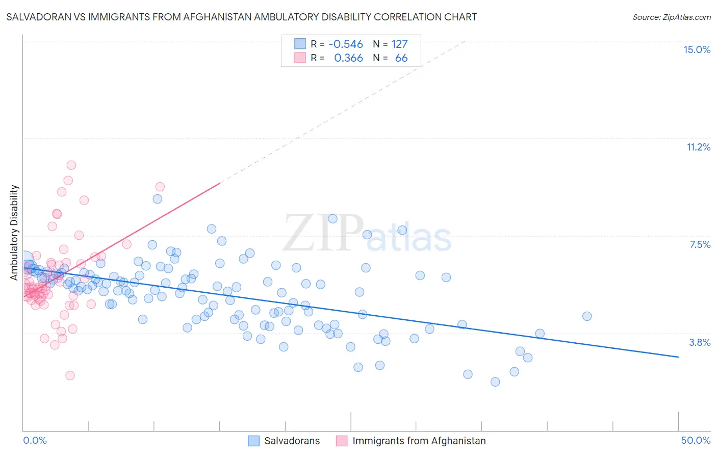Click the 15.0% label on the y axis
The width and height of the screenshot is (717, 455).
coord(697,49)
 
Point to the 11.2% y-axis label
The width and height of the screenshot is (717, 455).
coord(698,147)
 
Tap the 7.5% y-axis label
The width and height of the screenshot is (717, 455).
coord(700,244)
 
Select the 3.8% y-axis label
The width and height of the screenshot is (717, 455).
coord(700,342)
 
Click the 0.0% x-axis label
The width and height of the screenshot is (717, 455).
coord(35,440)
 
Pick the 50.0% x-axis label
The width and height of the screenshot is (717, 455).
coord(696,440)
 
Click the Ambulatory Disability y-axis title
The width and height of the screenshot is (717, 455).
coord(14,232)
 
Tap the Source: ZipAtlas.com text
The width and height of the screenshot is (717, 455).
coord(671,17)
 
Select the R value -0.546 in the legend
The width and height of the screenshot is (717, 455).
coord(345,44)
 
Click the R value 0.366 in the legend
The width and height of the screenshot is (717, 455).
coord(348,58)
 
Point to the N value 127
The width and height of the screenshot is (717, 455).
coord(399,44)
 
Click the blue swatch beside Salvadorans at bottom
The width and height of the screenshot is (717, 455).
coord(254,441)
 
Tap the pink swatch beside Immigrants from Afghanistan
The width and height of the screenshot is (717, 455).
coord(342,441)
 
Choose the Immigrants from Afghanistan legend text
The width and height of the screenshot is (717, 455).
coord(419,441)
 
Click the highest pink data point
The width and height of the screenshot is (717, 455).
coord(71,165)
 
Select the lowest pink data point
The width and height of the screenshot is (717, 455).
coord(70,375)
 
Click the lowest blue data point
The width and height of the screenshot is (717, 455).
coord(495,382)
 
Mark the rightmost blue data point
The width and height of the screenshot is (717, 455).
coord(587,316)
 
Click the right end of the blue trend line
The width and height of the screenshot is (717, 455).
coord(678,357)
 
